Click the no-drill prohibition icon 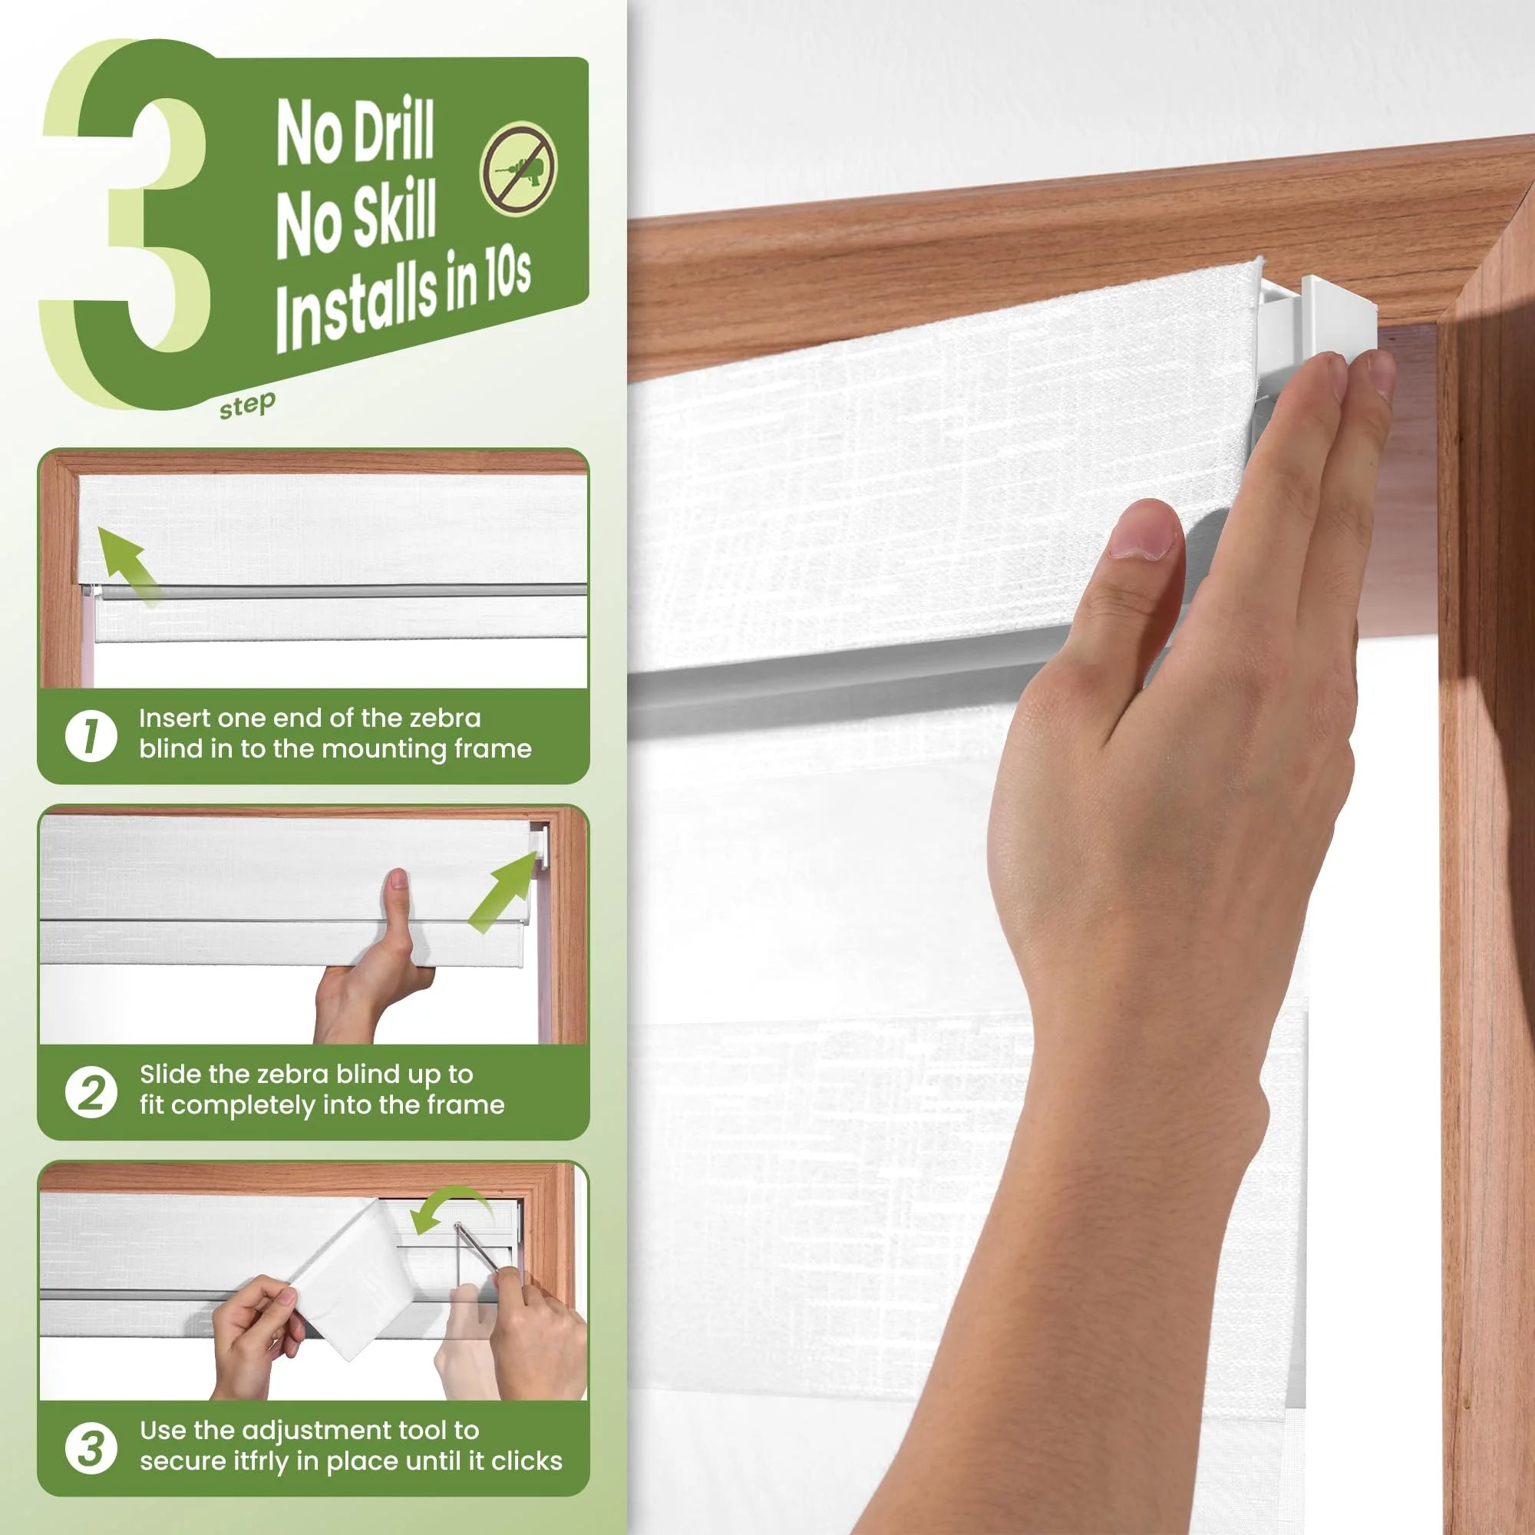tap(519, 168)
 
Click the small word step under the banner tap(247, 405)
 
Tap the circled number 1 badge tap(91, 735)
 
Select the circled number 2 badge tap(91, 1091)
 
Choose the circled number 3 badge tap(91, 1448)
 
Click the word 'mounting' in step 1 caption tap(385, 750)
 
